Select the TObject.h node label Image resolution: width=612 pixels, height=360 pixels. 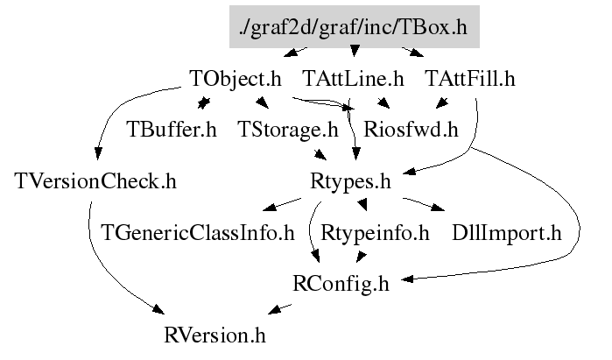click(x=236, y=79)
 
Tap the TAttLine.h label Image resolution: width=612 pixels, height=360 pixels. click(x=352, y=79)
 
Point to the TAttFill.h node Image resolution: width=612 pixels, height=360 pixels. click(x=469, y=79)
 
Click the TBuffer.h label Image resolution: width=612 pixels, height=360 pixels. click(x=171, y=131)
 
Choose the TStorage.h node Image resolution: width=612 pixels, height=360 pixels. click(x=287, y=131)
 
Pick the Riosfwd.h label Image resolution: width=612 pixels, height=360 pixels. click(x=411, y=131)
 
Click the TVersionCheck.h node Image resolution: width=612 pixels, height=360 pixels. click(x=96, y=182)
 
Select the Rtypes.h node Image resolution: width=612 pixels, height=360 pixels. click(x=349, y=182)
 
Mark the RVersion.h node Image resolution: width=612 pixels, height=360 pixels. click(x=214, y=335)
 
